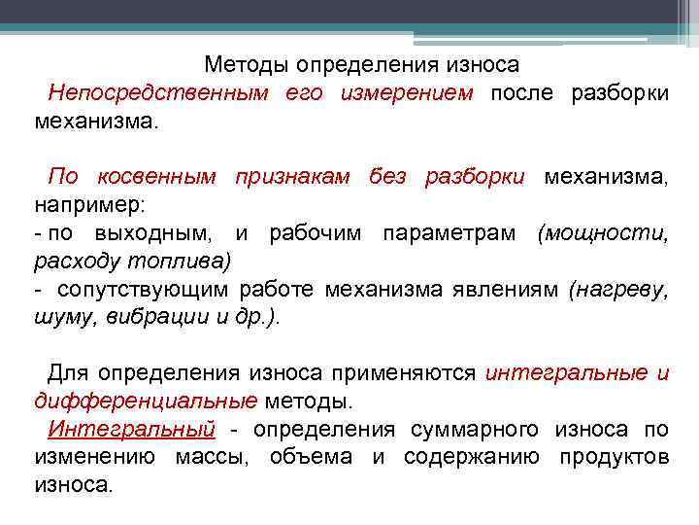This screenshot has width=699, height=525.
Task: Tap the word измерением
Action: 407,93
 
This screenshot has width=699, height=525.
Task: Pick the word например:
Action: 89,206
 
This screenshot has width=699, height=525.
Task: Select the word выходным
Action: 156,234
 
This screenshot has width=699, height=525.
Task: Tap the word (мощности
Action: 603,234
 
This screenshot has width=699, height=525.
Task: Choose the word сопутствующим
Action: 145,290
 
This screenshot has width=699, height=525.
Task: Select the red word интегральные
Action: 567,372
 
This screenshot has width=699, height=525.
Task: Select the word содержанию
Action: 472,457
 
